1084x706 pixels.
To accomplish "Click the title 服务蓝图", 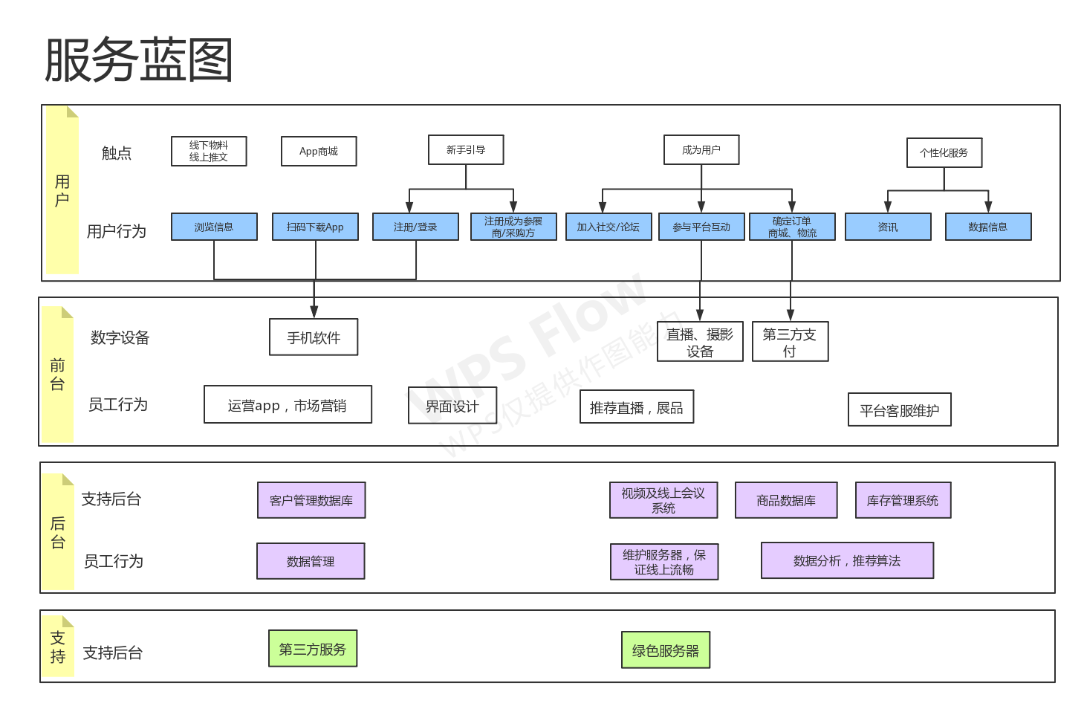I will tap(139, 59).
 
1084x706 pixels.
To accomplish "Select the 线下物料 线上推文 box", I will tap(209, 151).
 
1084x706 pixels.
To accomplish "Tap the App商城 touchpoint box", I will tap(319, 151).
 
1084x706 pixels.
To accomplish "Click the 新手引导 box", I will tap(466, 149).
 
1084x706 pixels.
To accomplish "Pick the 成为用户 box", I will tap(701, 149).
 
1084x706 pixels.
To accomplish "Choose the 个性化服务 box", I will tap(944, 152).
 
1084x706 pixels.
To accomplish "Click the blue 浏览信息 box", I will tap(214, 227).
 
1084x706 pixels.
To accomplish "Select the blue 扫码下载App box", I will tap(315, 227).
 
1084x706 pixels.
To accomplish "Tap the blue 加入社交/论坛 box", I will tap(608, 227).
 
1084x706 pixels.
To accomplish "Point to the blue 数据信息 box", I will tap(988, 227).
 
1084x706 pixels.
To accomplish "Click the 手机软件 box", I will tap(314, 337).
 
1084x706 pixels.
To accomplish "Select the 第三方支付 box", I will tap(790, 342).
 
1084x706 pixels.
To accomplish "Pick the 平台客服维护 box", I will tap(899, 409).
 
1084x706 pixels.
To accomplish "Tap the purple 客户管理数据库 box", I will tap(311, 500).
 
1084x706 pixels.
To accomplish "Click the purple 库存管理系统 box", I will tap(903, 500).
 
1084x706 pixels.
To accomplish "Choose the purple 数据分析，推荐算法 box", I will tap(847, 560).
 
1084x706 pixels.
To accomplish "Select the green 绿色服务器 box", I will tap(666, 650).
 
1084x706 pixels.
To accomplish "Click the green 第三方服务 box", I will tap(313, 649).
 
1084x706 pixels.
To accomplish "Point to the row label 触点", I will tap(117, 153).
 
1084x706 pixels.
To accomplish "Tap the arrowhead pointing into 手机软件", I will tap(314, 311).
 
